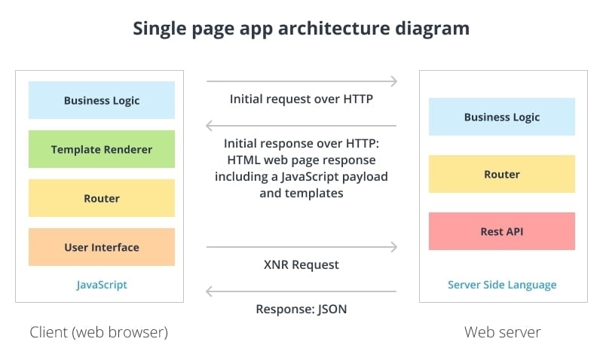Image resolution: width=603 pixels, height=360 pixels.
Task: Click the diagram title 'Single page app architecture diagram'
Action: [x=301, y=29]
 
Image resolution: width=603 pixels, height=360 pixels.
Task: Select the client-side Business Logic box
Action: [x=102, y=100]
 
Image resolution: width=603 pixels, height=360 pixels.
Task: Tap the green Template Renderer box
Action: [x=102, y=149]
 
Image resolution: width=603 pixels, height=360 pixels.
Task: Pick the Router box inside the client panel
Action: [x=102, y=198]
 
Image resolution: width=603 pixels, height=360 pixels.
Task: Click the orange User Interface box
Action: [x=102, y=247]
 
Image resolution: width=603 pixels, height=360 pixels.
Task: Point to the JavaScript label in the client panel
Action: [x=102, y=285]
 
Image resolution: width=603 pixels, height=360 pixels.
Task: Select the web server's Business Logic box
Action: [x=502, y=117]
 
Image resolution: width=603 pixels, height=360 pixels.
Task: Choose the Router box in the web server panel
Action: [x=502, y=174]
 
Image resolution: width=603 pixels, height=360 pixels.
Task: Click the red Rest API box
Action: [x=502, y=231]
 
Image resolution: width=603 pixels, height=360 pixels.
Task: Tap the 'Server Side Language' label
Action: [x=502, y=285]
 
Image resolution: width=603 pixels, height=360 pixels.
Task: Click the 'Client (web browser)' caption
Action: [x=99, y=332]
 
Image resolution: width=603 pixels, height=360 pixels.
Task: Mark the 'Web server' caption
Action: [x=502, y=332]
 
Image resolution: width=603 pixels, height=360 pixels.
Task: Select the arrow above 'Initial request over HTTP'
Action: [x=301, y=81]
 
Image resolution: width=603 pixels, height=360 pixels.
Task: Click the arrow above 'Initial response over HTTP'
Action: [x=301, y=126]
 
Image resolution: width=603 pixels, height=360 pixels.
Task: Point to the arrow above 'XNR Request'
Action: [x=301, y=246]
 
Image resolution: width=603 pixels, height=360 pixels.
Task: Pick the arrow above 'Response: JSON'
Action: [x=301, y=291]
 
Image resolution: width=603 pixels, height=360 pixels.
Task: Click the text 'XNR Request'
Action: [x=301, y=264]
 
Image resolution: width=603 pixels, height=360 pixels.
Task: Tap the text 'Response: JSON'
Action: [x=301, y=309]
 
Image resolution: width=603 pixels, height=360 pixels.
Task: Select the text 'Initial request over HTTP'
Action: [x=301, y=99]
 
